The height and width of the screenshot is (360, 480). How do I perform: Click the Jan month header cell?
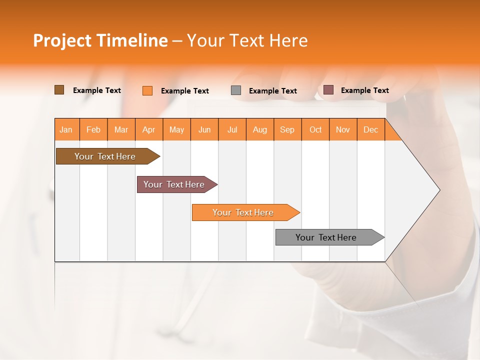[x=66, y=129]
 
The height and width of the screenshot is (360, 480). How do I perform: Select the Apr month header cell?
[x=149, y=129]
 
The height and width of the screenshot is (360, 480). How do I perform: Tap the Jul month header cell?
[x=232, y=129]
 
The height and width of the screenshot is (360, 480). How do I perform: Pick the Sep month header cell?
[x=287, y=129]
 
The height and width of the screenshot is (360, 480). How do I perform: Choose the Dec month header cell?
[x=370, y=129]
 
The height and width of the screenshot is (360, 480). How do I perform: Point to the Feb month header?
[x=93, y=129]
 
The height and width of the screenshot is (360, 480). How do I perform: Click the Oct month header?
[x=315, y=129]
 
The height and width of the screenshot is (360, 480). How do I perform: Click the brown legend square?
[x=59, y=90]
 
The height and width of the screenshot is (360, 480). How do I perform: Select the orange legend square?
[x=147, y=90]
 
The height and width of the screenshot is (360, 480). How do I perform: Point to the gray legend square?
[x=236, y=90]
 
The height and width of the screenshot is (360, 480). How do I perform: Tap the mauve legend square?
[x=328, y=90]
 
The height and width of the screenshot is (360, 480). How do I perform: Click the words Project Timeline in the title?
[x=100, y=40]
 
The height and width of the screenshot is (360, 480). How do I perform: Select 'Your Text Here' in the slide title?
[x=247, y=40]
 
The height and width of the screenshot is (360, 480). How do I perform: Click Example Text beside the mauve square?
[x=364, y=90]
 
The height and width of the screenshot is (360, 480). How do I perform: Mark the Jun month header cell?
[x=204, y=129]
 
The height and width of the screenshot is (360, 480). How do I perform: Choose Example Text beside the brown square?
[x=97, y=90]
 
